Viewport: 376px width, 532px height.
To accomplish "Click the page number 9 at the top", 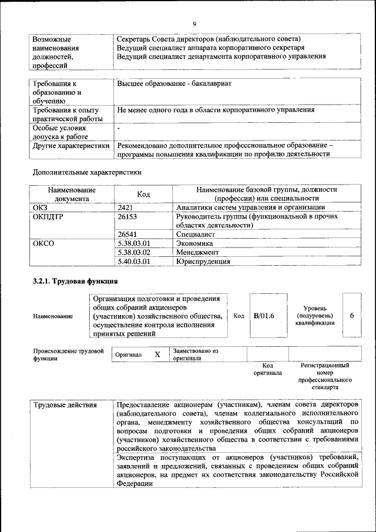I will (x=193, y=24).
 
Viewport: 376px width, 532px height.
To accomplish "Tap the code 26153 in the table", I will (x=129, y=216).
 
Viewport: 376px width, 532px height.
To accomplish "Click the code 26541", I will (x=129, y=234).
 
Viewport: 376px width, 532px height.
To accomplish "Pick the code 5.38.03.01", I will (x=134, y=243).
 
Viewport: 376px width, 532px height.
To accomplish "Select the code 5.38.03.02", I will (x=134, y=252).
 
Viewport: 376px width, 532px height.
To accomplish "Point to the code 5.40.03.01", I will (x=134, y=262).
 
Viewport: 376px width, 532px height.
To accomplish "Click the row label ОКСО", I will (x=44, y=243).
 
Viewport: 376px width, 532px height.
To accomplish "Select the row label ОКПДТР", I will (x=49, y=216).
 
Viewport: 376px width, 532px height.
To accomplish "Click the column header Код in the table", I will (x=143, y=194).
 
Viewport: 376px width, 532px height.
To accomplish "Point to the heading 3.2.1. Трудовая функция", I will (x=76, y=281).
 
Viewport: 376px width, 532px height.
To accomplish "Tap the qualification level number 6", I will (x=351, y=316).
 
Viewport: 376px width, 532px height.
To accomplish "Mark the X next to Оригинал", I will (x=157, y=355).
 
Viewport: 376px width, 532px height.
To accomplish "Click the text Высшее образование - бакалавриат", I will (x=174, y=83).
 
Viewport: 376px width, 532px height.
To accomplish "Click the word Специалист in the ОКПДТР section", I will (x=195, y=234).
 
